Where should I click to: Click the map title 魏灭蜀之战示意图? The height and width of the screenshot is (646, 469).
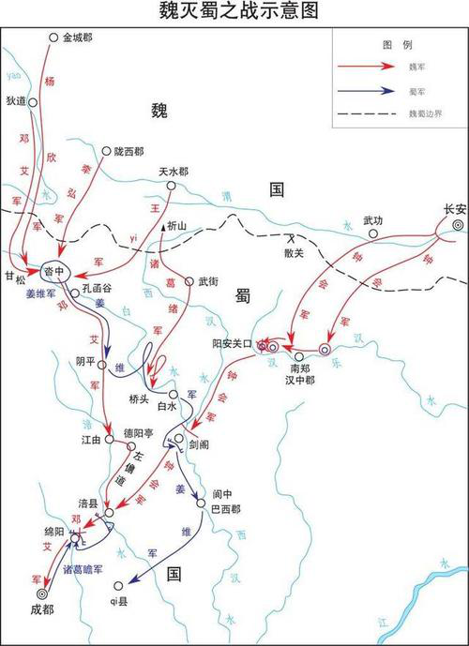pos(234,11)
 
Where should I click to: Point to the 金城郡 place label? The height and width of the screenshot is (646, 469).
pos(78,38)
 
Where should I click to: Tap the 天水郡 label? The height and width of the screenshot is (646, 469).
pos(173,172)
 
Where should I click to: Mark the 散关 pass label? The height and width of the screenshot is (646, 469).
pos(294,254)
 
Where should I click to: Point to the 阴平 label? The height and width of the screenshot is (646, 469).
pos(86,362)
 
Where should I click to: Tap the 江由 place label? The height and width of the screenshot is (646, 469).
pos(90,439)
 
